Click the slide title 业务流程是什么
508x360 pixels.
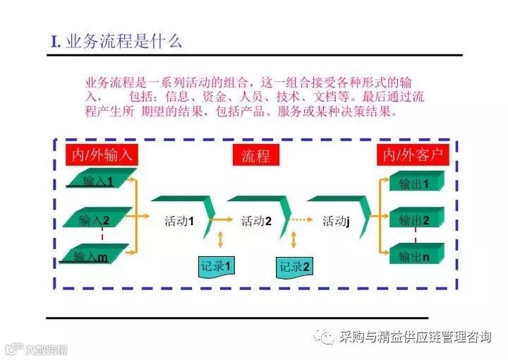(123, 41)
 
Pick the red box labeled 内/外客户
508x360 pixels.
(413, 155)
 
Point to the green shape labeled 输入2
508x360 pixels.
(95, 219)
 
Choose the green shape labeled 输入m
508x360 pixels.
(92, 255)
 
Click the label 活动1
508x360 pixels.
(179, 221)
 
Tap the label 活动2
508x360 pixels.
(256, 221)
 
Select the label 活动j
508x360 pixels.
(336, 221)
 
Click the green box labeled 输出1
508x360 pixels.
(415, 184)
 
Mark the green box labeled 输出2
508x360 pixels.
(415, 220)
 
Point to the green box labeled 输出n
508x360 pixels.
(415, 256)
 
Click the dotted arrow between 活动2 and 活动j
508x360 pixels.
(299, 220)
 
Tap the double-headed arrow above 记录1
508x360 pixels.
(221, 239)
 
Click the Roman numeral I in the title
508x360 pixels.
(54, 42)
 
